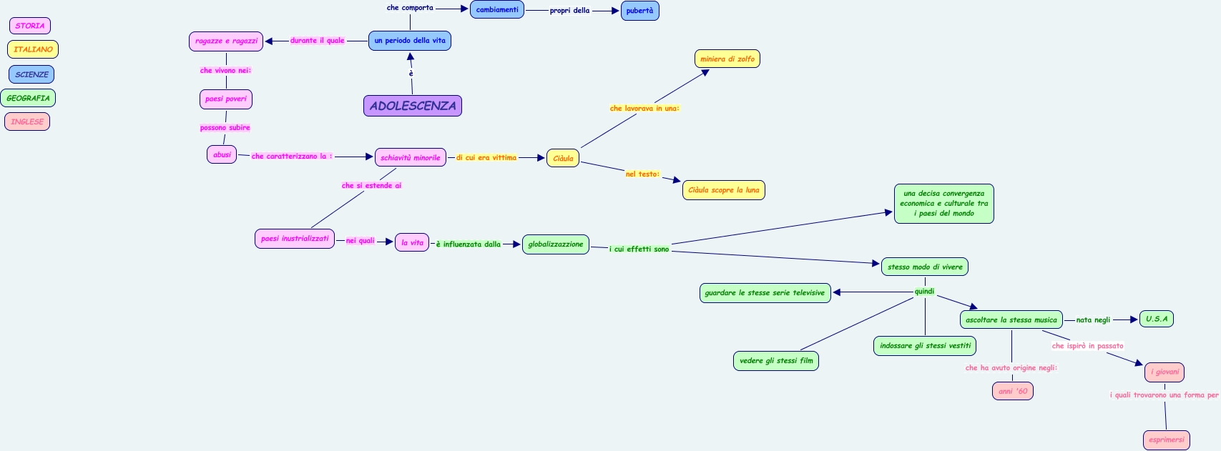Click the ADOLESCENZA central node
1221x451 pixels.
[413, 106]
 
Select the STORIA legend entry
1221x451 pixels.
[30, 26]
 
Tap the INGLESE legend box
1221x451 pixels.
[27, 122]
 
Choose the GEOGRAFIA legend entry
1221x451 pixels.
[28, 98]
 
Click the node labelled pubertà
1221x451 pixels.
[639, 11]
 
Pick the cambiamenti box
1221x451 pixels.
[497, 10]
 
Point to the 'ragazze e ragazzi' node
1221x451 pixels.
[226, 41]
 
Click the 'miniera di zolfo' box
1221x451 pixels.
[727, 59]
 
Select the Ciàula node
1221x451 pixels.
[563, 158]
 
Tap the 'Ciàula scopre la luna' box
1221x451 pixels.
[723, 190]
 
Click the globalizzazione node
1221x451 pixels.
[556, 244]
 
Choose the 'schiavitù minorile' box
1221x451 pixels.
[411, 157]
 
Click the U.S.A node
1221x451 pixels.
[1156, 319]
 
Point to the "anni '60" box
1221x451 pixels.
[1012, 391]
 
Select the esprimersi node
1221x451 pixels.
[1166, 440]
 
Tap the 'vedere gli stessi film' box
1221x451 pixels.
[776, 361]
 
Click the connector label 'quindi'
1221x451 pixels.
[924, 291]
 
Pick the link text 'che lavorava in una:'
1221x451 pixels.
[644, 109]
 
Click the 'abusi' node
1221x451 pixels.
[222, 154]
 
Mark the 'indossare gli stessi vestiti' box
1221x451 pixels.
[925, 346]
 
